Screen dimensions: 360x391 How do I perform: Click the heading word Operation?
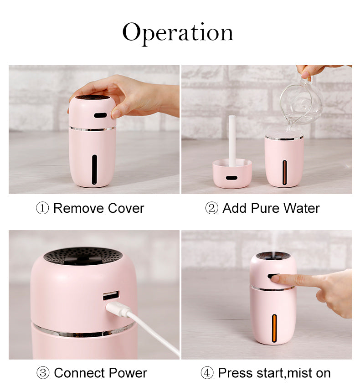[178, 33]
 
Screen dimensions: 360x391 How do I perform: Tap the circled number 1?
[42, 208]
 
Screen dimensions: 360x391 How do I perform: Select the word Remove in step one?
[78, 208]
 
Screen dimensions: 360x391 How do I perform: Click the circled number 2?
[211, 208]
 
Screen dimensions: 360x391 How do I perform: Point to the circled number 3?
[43, 373]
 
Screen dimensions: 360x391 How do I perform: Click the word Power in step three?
[128, 373]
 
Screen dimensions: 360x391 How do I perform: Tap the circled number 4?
[207, 373]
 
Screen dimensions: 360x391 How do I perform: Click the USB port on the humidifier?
[111, 295]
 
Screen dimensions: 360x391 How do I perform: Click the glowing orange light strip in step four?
[274, 328]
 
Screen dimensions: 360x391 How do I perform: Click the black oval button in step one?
[100, 115]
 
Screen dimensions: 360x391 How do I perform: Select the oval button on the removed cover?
[231, 178]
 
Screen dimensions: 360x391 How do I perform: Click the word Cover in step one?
[126, 208]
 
